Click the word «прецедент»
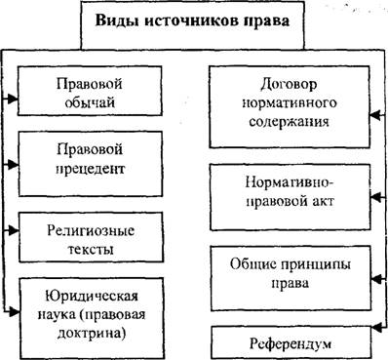91,170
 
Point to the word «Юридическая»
92,297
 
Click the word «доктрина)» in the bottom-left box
91,334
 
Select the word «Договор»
289,84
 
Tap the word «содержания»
289,122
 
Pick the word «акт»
322,201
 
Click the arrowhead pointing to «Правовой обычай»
13,99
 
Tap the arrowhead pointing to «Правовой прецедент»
13,164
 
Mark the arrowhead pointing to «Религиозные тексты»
14,230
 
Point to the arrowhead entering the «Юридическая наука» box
14,311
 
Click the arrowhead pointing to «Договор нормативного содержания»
375,115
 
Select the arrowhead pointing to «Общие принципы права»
376,279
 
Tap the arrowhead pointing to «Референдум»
376,328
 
